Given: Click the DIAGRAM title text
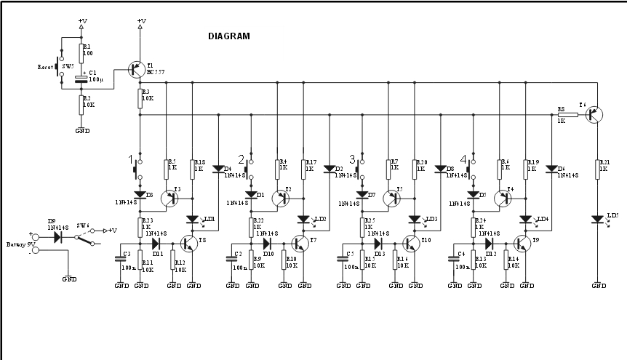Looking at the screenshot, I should (228, 36).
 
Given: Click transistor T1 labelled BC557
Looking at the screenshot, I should (136, 70).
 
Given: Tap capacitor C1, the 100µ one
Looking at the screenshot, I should (81, 78).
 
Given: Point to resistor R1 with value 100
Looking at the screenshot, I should (81, 52).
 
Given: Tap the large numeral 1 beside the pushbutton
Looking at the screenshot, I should (131, 159).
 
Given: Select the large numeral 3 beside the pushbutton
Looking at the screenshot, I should (353, 159).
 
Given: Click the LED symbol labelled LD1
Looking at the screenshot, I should (193, 219).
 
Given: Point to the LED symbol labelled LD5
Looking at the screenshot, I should (598, 219).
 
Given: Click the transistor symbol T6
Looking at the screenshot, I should (594, 113).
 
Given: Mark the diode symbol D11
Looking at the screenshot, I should (156, 244).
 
